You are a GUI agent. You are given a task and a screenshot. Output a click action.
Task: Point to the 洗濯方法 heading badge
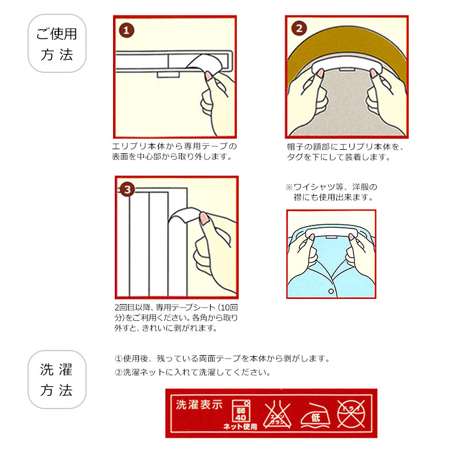point(57,379)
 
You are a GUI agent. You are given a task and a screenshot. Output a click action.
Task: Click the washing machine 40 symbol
point(239,411)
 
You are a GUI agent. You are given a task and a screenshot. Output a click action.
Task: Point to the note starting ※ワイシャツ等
point(332,192)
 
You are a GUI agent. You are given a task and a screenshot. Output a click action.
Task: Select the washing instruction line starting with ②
point(192,372)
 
